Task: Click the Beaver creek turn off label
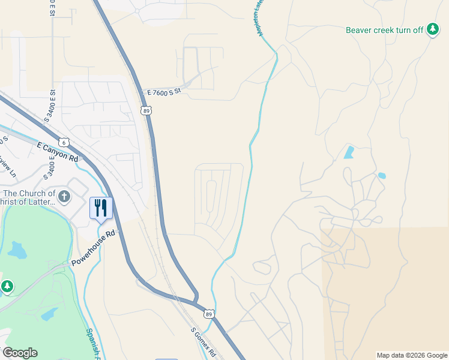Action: [x=385, y=29]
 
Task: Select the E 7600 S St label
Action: [x=164, y=93]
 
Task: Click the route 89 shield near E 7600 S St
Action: [x=146, y=110]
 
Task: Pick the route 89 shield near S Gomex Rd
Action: [x=208, y=314]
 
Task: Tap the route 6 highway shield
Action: [x=64, y=142]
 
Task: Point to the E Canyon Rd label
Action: [x=58, y=152]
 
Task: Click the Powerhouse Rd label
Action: [x=93, y=248]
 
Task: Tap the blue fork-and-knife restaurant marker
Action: [x=101, y=208]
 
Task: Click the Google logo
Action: [x=20, y=353]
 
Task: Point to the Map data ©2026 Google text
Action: [x=412, y=355]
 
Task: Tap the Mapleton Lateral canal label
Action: [x=260, y=18]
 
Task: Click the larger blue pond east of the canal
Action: [x=349, y=152]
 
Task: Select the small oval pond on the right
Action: [x=382, y=176]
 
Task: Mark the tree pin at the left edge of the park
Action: [x=7, y=287]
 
